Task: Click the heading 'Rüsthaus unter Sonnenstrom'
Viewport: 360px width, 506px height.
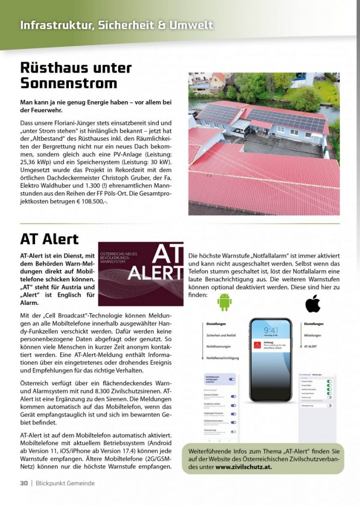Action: pos(76,75)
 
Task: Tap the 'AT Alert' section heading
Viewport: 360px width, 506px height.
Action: pos(49,239)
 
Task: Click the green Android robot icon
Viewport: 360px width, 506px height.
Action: pos(225,302)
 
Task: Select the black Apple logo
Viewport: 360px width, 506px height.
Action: pos(313,303)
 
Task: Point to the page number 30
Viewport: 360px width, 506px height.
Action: pos(24,483)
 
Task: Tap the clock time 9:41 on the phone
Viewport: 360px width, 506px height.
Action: pos(270,330)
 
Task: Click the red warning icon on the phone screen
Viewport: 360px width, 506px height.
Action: pos(258,345)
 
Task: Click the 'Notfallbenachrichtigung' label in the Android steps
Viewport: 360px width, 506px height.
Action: pos(223,358)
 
